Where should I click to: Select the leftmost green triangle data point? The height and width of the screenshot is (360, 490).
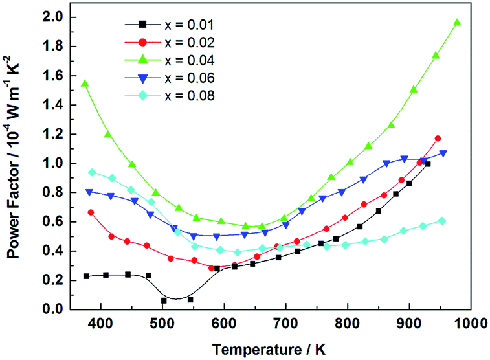click(85, 84)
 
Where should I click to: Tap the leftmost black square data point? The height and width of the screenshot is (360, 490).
click(86, 276)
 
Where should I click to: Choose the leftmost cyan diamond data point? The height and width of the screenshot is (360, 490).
click(92, 172)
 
